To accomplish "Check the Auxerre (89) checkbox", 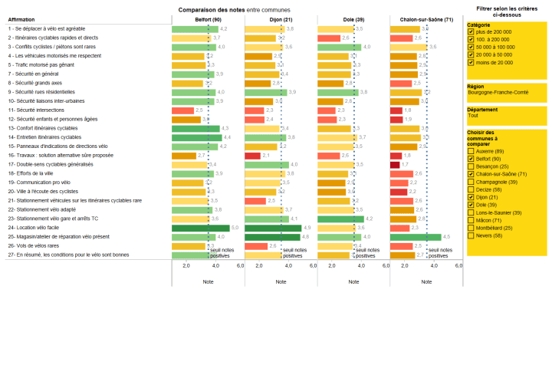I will pos(470,151).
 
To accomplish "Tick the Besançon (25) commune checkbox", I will pos(470,166).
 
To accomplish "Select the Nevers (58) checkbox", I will pos(470,235).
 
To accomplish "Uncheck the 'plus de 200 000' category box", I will pos(470,32).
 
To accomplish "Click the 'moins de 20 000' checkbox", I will pos(470,62).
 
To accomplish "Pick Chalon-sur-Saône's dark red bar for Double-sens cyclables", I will pos(395,164).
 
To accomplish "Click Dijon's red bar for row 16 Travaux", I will pos(252,155).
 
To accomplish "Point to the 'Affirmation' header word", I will pos(21,18).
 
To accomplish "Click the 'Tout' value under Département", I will pos(472,115).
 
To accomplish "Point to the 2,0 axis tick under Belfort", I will pos(186,265).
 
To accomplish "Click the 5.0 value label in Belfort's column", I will pos(235,228).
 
